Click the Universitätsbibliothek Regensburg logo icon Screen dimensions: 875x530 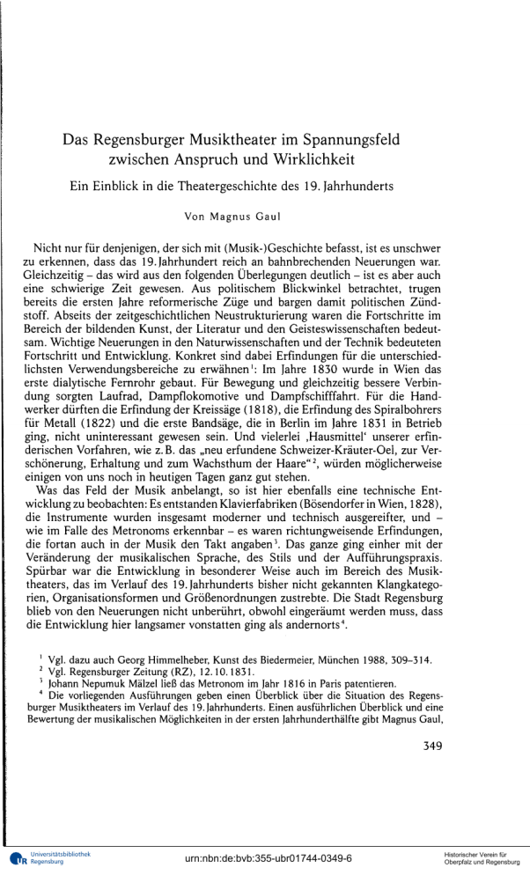pos(15,858)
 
